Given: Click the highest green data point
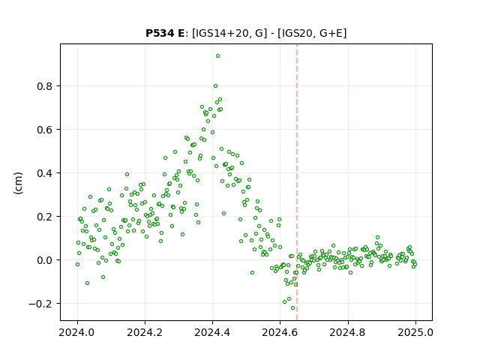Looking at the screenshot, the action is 217,56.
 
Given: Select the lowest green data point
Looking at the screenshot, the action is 292,308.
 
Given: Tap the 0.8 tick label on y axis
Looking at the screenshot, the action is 45,86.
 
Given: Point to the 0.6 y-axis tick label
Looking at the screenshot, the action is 45,130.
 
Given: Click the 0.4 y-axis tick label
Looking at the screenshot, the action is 45,173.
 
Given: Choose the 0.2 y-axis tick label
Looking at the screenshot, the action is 45,217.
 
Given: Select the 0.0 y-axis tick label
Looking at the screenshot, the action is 45,260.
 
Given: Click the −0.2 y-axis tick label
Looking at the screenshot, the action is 40,304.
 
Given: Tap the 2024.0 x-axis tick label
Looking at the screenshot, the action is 77,332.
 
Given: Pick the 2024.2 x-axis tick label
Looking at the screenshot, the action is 145,332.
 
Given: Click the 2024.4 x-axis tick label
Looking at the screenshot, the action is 212,332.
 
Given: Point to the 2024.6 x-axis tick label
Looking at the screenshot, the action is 280,332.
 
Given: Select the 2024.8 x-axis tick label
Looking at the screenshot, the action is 347,332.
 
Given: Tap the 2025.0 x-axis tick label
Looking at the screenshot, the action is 415,332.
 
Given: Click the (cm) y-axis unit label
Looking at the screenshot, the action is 18,183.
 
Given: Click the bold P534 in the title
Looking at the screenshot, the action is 160,33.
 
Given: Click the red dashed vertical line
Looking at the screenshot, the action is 297,182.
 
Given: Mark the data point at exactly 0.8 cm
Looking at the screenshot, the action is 215,86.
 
